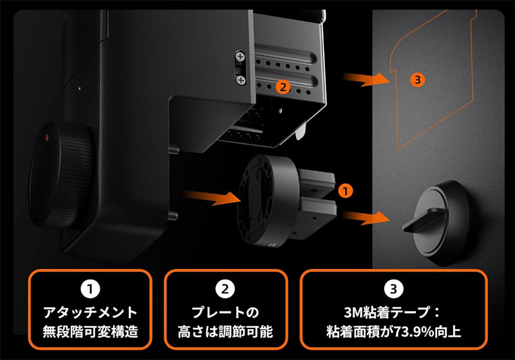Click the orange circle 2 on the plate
[x=283, y=87]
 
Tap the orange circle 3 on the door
[x=417, y=80]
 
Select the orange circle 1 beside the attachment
[x=345, y=191]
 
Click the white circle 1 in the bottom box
[x=90, y=289]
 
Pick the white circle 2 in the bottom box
[x=225, y=289]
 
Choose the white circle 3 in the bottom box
[x=393, y=289]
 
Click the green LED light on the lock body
[x=79, y=88]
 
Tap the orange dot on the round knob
[x=46, y=138]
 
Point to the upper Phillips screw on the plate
[x=240, y=57]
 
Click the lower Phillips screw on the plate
[x=241, y=80]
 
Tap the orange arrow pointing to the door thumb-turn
[x=366, y=218]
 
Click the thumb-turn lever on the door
[x=424, y=220]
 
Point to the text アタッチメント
[x=90, y=312]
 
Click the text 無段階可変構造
[x=90, y=332]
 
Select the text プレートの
[x=225, y=312]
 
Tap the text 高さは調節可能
[x=225, y=332]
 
